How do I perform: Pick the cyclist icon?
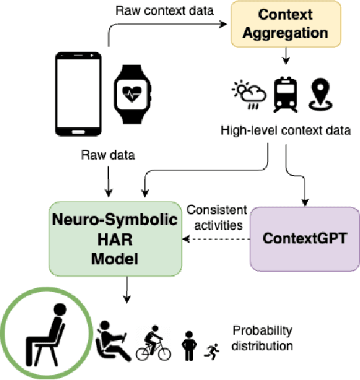(x=155, y=346)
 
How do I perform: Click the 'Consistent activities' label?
(x=217, y=216)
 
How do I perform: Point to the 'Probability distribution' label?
(x=263, y=338)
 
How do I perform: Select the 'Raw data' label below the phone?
(x=108, y=155)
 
